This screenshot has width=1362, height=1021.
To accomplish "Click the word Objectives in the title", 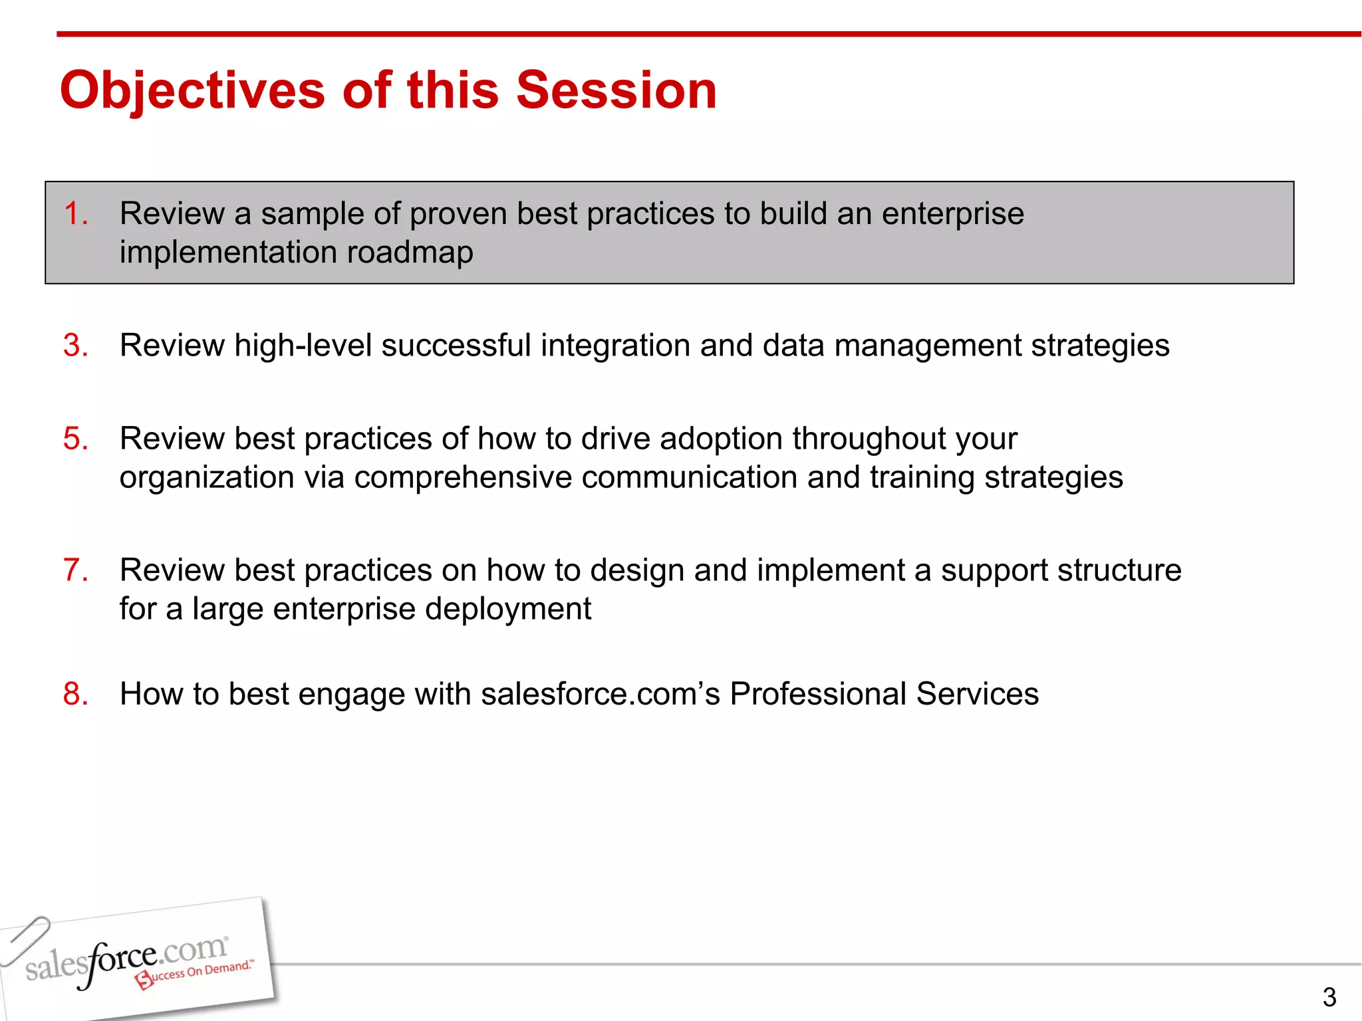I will coord(193,90).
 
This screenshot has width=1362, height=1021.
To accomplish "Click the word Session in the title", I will coord(616,90).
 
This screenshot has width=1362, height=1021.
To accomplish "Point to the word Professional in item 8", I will coord(818,694).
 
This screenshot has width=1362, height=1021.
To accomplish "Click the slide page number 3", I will coord(1329,997).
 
